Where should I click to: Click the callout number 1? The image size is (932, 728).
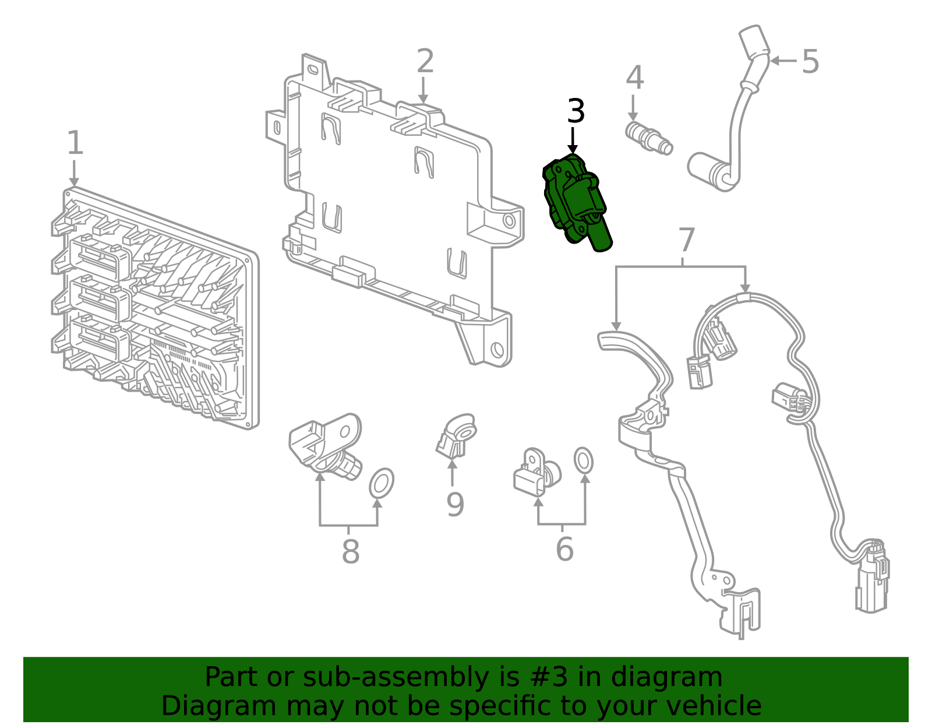point(75,143)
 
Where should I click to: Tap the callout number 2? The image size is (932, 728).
point(425,61)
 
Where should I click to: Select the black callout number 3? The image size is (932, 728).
point(576,111)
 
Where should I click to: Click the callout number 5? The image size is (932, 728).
point(810,61)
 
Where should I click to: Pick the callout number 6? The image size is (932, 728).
point(564,549)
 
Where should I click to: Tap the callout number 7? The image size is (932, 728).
point(687,240)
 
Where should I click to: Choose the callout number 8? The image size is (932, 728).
point(350,551)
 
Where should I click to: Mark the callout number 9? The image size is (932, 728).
point(455,505)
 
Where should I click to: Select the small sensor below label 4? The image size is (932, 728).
point(648,138)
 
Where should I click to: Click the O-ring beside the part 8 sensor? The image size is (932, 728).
point(382,483)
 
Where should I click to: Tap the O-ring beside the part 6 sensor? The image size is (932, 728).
point(583,461)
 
